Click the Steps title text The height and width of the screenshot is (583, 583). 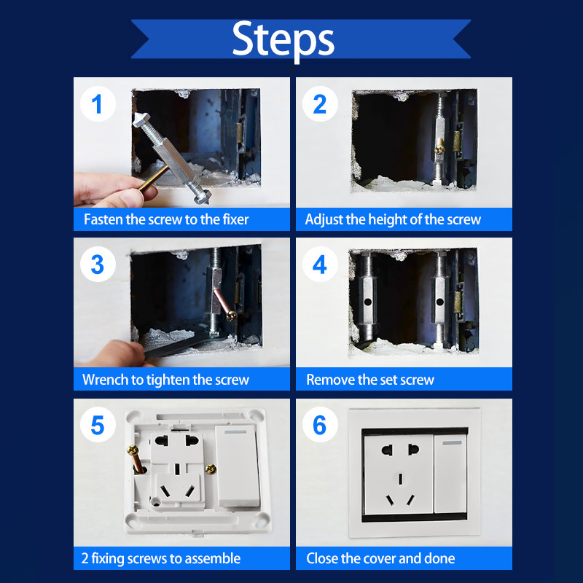[x=283, y=39]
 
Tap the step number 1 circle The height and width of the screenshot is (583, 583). [x=98, y=103]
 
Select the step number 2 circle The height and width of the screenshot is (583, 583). [x=320, y=103]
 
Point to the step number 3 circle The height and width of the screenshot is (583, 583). [x=98, y=265]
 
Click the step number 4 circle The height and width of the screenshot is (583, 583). [x=320, y=265]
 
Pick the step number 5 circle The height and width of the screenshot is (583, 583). [x=98, y=425]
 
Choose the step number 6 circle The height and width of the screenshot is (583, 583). [x=320, y=425]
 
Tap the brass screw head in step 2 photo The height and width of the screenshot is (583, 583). [x=440, y=149]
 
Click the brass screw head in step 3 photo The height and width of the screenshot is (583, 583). [x=232, y=316]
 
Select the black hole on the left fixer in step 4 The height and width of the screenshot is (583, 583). [x=368, y=302]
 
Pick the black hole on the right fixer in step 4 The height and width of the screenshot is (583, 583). [x=440, y=302]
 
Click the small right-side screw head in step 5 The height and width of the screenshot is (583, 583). [x=211, y=469]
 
